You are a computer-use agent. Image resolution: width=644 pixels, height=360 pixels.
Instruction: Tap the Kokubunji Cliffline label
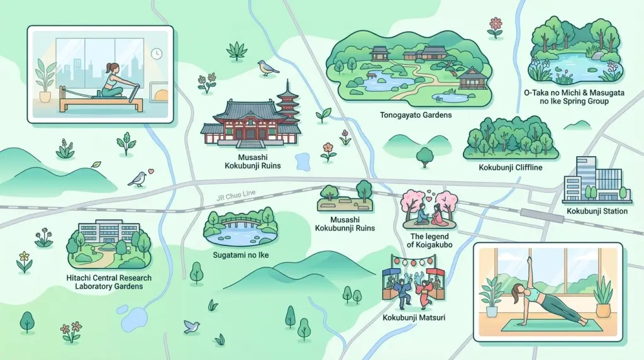pos(510,168)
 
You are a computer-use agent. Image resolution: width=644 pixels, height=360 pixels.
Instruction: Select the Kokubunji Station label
pos(597,211)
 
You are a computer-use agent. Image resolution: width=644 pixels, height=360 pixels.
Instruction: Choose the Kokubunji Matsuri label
pos(414,317)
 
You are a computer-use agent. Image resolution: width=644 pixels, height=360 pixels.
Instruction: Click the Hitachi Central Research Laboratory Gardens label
pos(109,281)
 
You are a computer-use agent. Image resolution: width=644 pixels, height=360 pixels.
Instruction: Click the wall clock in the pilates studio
pos(155,53)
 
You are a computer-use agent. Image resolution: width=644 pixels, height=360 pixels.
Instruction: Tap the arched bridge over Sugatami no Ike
pos(240,221)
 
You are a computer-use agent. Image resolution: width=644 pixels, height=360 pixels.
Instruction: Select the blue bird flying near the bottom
pos(191,326)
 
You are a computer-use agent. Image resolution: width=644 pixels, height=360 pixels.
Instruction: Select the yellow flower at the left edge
pos(24,258)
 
